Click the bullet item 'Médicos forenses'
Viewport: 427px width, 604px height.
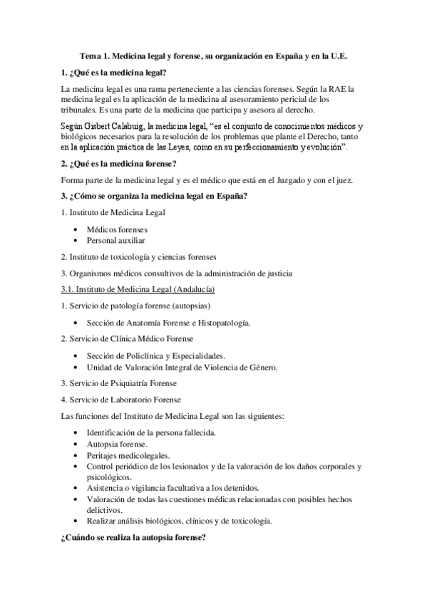click(x=117, y=230)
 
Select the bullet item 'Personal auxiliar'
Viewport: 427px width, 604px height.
click(x=116, y=241)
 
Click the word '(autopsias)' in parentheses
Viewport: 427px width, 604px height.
click(x=190, y=306)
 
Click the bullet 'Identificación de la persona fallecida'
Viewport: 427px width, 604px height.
click(x=156, y=432)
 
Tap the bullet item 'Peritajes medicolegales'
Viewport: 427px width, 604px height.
click(x=128, y=454)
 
